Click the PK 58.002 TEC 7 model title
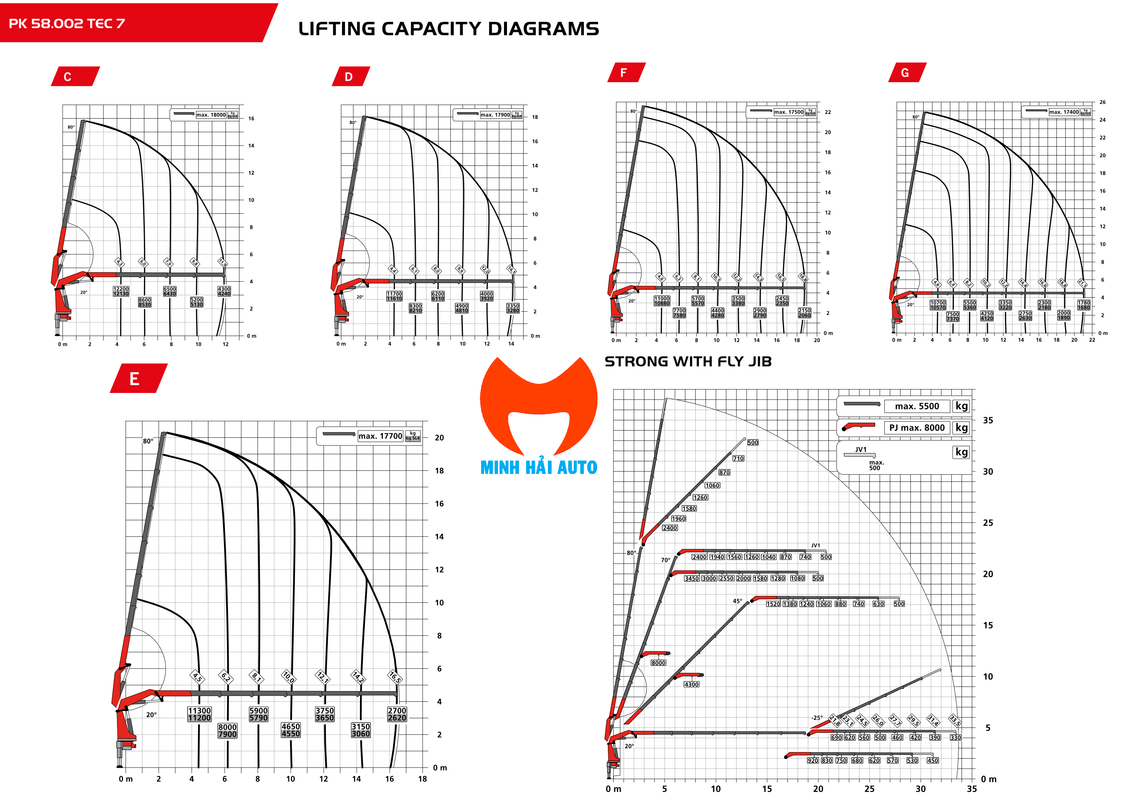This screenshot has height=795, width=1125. click(x=67, y=24)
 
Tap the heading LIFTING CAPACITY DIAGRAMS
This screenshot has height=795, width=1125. click(x=448, y=29)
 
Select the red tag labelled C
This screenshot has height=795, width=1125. click(x=75, y=76)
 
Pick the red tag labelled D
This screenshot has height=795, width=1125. click(x=350, y=76)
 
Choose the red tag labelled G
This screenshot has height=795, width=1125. click(x=906, y=72)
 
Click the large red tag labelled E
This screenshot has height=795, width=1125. click(x=138, y=378)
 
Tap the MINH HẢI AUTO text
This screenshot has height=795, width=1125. click(x=538, y=467)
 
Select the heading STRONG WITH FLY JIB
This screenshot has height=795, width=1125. click(x=688, y=361)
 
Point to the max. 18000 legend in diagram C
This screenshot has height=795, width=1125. click(x=211, y=115)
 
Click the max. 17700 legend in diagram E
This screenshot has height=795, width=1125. click(x=380, y=436)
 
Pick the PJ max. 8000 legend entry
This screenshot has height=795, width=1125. click(x=916, y=427)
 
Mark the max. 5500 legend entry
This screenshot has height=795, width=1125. click(x=916, y=406)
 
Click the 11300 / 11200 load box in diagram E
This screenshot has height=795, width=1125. click(x=199, y=714)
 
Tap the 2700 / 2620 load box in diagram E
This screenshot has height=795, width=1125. click(x=397, y=714)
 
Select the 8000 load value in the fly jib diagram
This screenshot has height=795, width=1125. click(x=658, y=663)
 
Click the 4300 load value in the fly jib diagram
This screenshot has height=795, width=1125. click(x=691, y=684)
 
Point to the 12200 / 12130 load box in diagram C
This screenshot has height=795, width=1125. click(x=121, y=291)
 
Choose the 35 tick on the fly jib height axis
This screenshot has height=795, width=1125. click(x=988, y=420)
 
